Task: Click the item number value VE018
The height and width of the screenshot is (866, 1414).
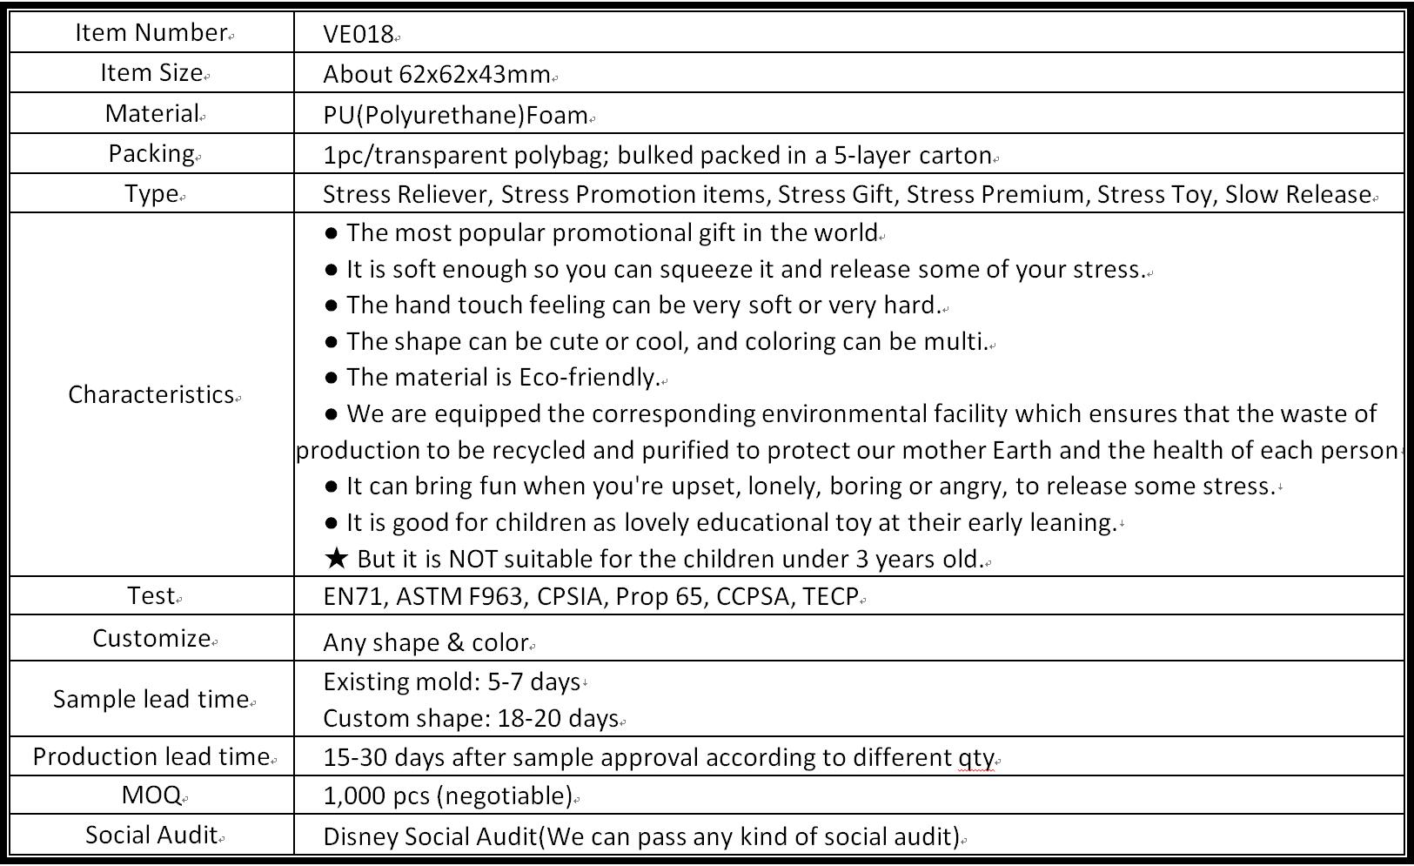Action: [x=358, y=34]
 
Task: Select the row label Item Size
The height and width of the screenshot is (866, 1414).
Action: [x=151, y=73]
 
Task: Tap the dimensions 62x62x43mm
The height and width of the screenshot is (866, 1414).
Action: [x=474, y=74]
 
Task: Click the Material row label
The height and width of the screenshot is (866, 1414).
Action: [x=151, y=113]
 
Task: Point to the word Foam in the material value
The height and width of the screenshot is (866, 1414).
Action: [x=563, y=115]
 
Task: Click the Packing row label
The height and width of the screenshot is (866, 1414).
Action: [x=151, y=153]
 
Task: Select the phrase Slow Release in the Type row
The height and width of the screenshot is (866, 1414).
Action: [x=1297, y=194]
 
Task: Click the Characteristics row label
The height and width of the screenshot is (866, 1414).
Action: [x=151, y=394]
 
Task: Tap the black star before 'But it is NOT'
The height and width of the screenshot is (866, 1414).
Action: [x=337, y=559]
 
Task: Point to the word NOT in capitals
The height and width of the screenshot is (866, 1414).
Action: [x=473, y=559]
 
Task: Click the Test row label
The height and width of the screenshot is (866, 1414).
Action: [x=151, y=595]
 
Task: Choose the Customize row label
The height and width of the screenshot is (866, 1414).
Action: [x=151, y=638]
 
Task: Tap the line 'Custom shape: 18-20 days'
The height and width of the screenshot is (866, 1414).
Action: [x=470, y=718]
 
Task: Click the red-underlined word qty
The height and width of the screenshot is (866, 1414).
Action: [x=975, y=757]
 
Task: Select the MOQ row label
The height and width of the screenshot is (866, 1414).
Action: [x=151, y=795]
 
